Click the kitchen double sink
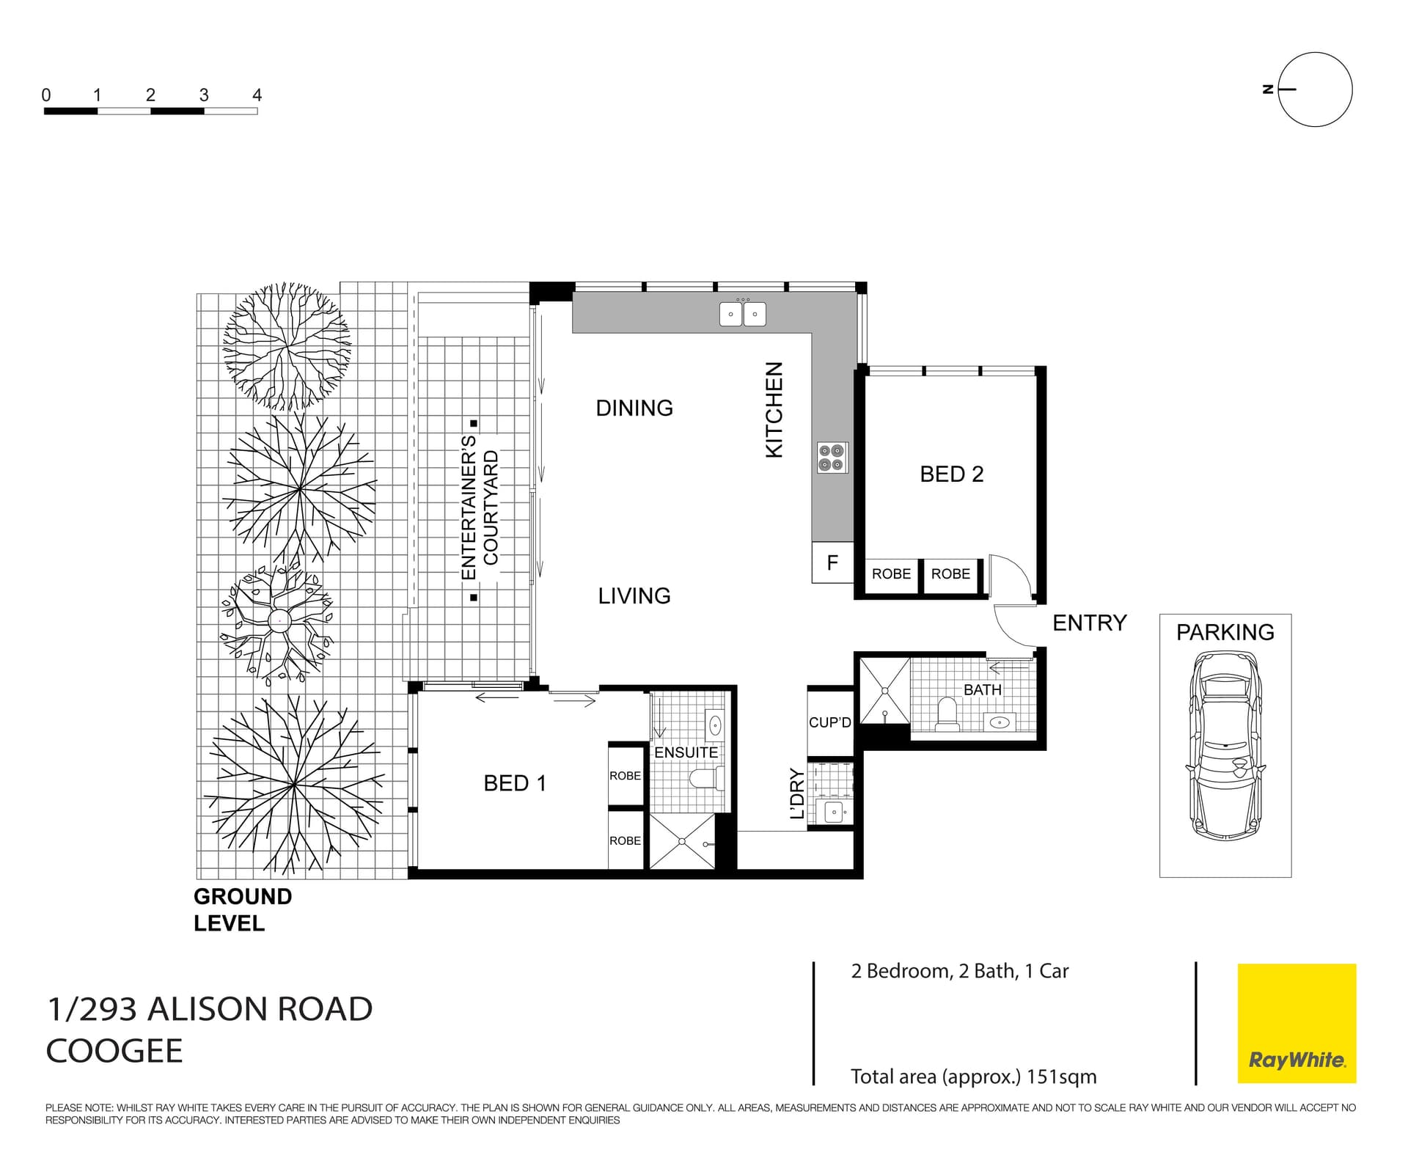742,314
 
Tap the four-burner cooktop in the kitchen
832,457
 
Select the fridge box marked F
832,562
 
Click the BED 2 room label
951,474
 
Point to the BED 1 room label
514,783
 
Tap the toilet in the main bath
947,714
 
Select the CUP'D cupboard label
829,722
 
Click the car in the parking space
1225,745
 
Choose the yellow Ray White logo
1297,1023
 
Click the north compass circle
1315,89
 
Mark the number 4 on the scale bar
257,95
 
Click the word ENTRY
1089,623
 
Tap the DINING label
634,408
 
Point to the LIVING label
634,595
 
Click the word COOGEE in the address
114,1051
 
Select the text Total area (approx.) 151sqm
973,1077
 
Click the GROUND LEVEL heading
242,909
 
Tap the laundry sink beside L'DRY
834,812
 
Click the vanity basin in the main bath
999,722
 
